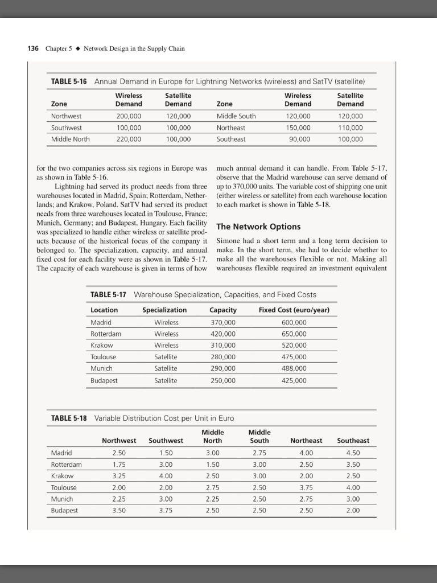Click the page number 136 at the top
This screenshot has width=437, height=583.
[x=33, y=49]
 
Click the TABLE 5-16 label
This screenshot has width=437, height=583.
[x=69, y=82]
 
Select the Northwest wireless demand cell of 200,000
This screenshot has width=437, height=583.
[x=129, y=116]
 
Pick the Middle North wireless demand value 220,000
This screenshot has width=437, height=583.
[x=129, y=139]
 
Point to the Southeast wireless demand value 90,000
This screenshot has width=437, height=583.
[x=299, y=139]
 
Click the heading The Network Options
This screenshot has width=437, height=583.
[x=258, y=227]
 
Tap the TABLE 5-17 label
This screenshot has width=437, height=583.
[x=109, y=294]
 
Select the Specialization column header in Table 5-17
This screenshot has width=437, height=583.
[x=164, y=310]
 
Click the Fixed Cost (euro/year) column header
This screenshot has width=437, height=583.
[x=294, y=310]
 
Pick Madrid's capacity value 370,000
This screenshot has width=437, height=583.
[x=223, y=322]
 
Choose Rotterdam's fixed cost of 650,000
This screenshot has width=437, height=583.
[x=294, y=334]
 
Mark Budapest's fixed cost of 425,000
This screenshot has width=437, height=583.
[x=294, y=380]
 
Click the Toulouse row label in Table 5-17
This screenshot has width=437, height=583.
[x=103, y=357]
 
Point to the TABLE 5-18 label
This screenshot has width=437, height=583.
[x=69, y=418]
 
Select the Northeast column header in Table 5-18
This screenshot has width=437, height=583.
[x=306, y=441]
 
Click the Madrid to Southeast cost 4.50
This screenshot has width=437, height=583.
[x=353, y=453]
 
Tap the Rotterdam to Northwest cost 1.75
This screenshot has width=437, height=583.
[x=119, y=465]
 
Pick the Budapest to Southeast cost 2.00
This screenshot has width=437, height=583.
[x=353, y=511]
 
